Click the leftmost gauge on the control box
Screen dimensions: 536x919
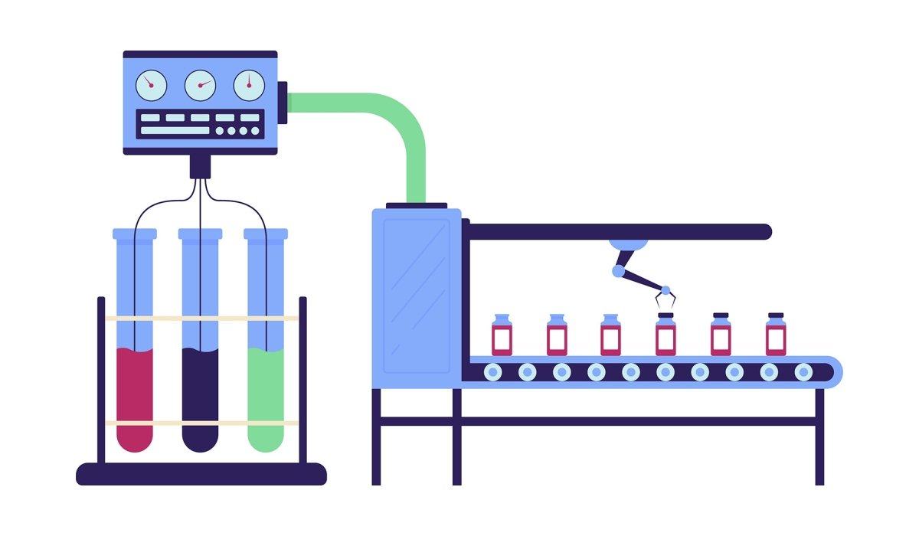pyautogui.click(x=151, y=85)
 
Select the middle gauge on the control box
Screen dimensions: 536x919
pyautogui.click(x=200, y=85)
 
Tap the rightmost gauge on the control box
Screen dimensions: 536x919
pyautogui.click(x=249, y=85)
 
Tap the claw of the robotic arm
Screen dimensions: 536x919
pyautogui.click(x=664, y=299)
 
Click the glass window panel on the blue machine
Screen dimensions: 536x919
pyautogui.click(x=417, y=296)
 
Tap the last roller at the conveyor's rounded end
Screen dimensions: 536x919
pyautogui.click(x=803, y=372)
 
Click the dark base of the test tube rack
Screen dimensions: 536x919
pyautogui.click(x=201, y=474)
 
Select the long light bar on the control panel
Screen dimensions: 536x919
pyautogui.click(x=175, y=131)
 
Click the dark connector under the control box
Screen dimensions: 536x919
pyautogui.click(x=200, y=165)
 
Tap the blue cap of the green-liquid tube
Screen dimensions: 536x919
pyautogui.click(x=266, y=234)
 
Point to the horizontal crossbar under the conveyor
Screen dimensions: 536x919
pyautogui.click(x=597, y=421)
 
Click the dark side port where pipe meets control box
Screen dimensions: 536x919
pyautogui.click(x=283, y=102)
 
